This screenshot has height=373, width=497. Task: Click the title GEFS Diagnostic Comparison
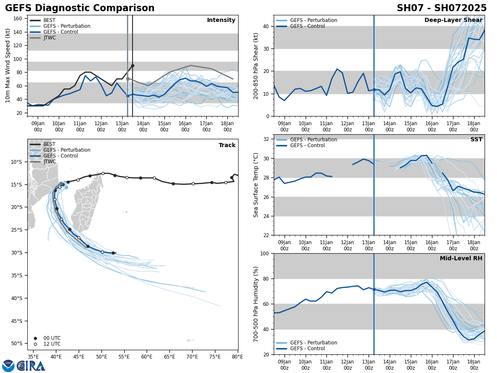click(80, 8)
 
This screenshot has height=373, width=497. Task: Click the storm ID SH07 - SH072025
click(442, 8)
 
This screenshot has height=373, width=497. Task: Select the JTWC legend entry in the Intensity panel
click(49, 38)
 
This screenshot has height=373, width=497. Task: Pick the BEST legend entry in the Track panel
click(49, 144)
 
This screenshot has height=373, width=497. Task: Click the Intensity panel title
click(221, 20)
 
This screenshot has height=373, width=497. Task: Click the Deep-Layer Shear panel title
click(453, 20)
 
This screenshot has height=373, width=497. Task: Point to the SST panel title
click(476, 140)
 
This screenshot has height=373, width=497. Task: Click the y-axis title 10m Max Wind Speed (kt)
click(7, 65)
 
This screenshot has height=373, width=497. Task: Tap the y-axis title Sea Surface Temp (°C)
click(256, 185)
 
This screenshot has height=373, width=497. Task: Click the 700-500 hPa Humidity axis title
click(256, 304)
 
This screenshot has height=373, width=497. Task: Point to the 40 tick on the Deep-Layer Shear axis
click(267, 26)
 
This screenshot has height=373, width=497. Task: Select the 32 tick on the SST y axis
click(267, 139)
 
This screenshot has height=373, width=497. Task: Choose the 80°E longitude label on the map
click(238, 356)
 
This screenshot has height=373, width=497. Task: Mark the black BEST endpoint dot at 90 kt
click(133, 65)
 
